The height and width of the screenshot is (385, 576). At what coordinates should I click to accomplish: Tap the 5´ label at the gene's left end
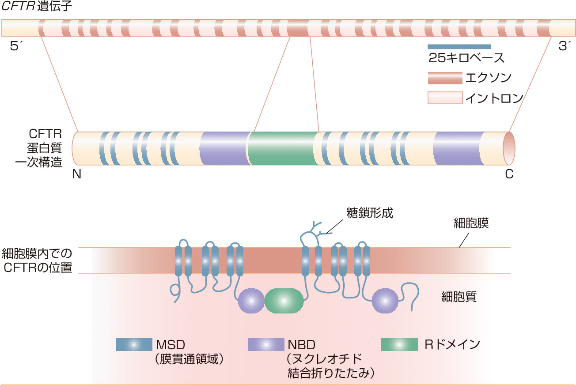(16, 46)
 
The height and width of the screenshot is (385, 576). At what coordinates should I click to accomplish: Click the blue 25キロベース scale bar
(459, 46)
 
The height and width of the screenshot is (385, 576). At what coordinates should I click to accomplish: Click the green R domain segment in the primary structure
(283, 148)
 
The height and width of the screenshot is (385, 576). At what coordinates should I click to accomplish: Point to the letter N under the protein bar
(77, 174)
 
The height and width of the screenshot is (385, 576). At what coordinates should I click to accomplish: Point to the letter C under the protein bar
(509, 174)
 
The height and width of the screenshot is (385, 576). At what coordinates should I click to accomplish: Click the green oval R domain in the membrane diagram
(284, 300)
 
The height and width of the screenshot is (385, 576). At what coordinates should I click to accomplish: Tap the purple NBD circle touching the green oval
(250, 300)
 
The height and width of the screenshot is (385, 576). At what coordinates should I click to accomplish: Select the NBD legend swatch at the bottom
(266, 344)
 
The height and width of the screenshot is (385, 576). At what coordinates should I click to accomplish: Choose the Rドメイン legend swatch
(399, 344)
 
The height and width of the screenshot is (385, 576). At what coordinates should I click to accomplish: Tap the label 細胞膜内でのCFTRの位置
(37, 260)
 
